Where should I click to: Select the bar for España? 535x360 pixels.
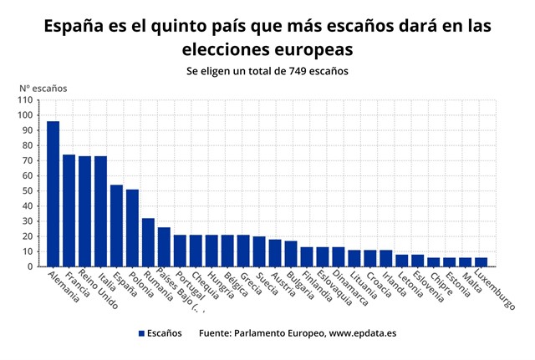(116, 226)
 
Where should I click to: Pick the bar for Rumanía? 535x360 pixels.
(148, 242)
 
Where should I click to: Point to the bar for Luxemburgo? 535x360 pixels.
(481, 262)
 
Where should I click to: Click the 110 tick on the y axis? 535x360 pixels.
(28, 100)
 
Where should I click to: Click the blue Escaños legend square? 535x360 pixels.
(142, 333)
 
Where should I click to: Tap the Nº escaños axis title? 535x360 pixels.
(43, 87)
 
